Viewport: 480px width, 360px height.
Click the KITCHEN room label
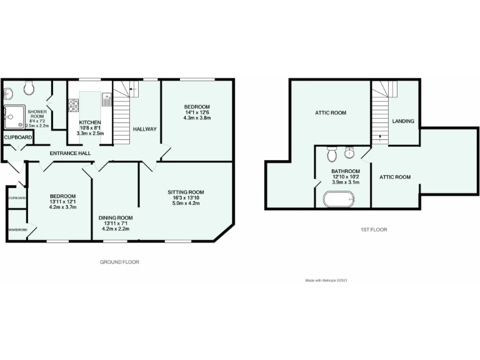click(90, 122)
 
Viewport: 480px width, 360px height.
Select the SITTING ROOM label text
click(186, 192)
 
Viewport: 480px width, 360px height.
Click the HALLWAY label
click(144, 129)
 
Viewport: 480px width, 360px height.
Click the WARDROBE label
click(17, 230)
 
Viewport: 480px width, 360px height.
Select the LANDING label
click(402, 121)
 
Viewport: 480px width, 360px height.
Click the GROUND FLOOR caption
click(119, 262)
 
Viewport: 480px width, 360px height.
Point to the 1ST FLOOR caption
click(373, 230)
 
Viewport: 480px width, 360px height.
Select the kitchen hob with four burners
click(73, 104)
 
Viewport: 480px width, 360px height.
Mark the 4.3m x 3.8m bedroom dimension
click(196, 117)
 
